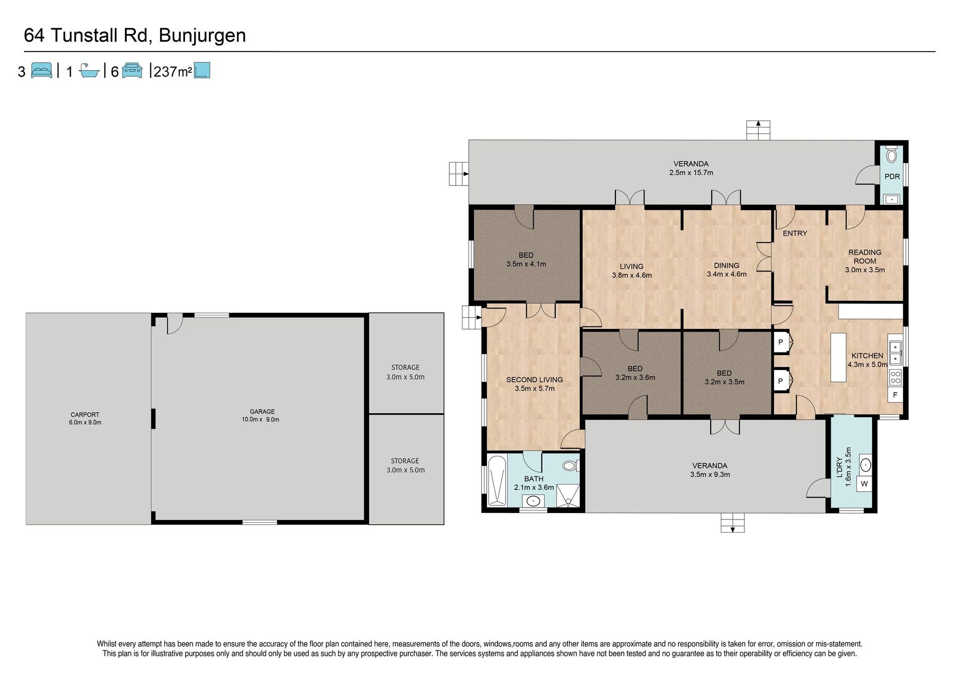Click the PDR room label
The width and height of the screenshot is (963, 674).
(x=892, y=177)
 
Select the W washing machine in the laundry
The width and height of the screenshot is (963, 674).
(x=864, y=484)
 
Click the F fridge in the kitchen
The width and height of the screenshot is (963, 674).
(x=895, y=395)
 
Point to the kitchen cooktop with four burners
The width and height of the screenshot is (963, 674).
(x=895, y=377)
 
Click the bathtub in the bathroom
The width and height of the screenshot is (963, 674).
(x=497, y=480)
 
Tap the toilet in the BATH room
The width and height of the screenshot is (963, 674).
(x=571, y=466)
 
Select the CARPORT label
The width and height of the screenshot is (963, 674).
(x=85, y=415)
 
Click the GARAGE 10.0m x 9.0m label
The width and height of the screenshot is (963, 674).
(x=261, y=416)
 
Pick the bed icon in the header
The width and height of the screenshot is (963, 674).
(x=41, y=71)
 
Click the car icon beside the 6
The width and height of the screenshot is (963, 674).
(x=132, y=71)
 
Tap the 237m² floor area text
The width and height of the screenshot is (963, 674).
(x=173, y=72)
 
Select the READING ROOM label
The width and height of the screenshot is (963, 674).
(x=865, y=257)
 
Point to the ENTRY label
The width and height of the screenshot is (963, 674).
(x=795, y=233)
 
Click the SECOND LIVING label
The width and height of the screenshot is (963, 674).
(x=535, y=380)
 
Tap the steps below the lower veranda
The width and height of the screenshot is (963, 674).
(x=732, y=523)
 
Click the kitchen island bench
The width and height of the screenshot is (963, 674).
(x=839, y=358)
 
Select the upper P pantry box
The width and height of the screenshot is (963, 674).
(x=781, y=343)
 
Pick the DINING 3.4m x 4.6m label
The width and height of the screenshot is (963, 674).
(x=727, y=270)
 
